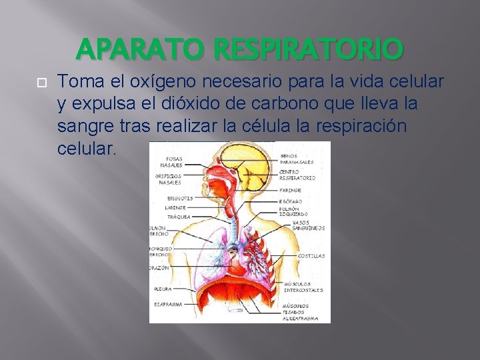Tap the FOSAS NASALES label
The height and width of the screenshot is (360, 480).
(171, 161)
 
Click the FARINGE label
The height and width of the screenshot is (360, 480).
(291, 190)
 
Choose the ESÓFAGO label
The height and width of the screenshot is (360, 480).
(291, 201)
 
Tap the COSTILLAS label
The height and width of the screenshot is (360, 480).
(311, 255)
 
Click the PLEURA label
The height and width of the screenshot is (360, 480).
(163, 289)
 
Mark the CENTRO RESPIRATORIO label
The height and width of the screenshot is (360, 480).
(297, 175)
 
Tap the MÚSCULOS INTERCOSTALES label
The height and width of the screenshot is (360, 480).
(304, 287)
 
